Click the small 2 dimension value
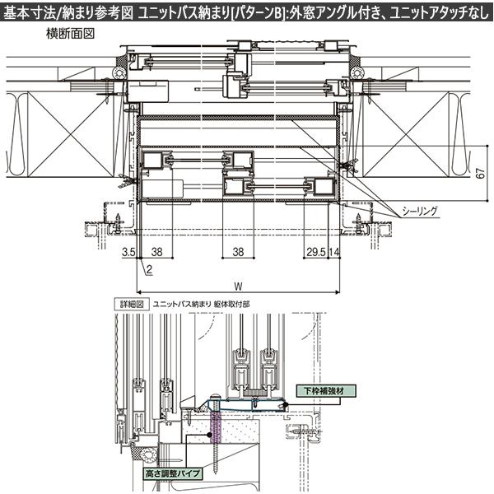point(148,269)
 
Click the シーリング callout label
point(420,212)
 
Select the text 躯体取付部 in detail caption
point(231,304)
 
